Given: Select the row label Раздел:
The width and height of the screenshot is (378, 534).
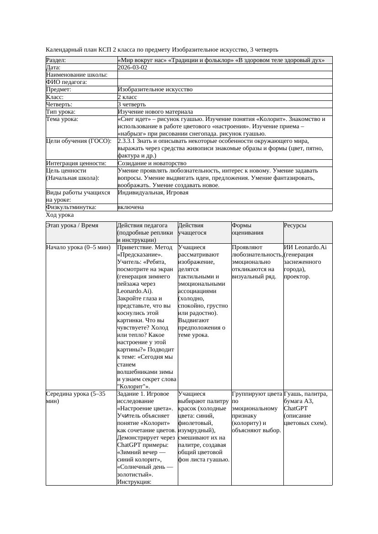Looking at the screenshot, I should point(56,60).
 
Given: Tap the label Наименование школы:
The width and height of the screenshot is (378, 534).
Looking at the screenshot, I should point(77,75).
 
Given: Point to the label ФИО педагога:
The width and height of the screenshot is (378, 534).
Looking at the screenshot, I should point(67,82).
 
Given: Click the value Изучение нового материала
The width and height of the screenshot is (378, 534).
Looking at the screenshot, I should point(155,112).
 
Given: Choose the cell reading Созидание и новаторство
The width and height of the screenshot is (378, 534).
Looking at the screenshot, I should point(152,163).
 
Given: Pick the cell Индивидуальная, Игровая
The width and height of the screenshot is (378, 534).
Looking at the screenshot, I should point(153,193).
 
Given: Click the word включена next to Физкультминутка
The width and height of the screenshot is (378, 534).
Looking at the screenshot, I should point(131,207).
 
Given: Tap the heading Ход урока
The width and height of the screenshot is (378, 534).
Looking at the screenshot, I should point(60,215).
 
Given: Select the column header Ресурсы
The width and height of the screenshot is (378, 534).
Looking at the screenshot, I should point(295,225).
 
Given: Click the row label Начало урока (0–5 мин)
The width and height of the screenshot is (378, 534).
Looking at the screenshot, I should point(78,247).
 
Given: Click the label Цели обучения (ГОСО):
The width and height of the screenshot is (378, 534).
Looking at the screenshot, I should point(79,141).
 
